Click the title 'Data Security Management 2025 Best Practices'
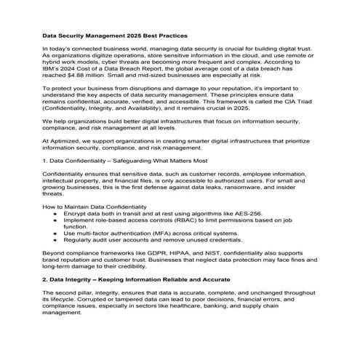click(x=114, y=35)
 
